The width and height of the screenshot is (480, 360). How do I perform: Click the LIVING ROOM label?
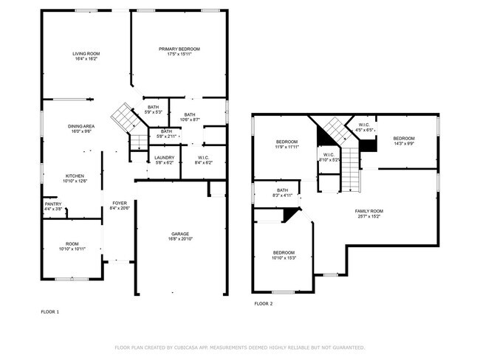pyautogui.click(x=86, y=53)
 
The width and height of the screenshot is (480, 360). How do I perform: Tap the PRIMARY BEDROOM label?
pyautogui.click(x=179, y=49)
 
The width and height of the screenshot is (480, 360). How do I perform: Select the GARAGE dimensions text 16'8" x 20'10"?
pyautogui.click(x=180, y=239)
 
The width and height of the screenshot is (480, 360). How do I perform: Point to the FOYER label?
pyautogui.click(x=119, y=203)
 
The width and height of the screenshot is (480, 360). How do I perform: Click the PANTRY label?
pyautogui.click(x=52, y=204)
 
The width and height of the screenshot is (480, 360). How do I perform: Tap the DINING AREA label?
pyautogui.click(x=81, y=126)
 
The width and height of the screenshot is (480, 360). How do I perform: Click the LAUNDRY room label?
pyautogui.click(x=164, y=157)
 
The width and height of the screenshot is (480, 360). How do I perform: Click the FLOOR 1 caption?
pyautogui.click(x=49, y=312)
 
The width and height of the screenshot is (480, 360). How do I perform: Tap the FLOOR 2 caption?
pyautogui.click(x=264, y=304)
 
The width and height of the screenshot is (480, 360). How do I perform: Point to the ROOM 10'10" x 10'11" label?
pyautogui.click(x=72, y=244)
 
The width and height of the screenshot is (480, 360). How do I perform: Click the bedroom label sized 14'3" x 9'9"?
pyautogui.click(x=403, y=139)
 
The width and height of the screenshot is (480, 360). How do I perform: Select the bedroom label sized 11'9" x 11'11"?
pyautogui.click(x=287, y=142)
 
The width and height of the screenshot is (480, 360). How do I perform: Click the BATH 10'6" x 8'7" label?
pyautogui.click(x=190, y=114)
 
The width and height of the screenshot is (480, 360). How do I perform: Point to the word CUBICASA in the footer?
pyautogui.click(x=193, y=347)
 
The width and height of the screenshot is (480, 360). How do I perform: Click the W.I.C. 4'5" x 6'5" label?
pyautogui.click(x=364, y=125)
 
